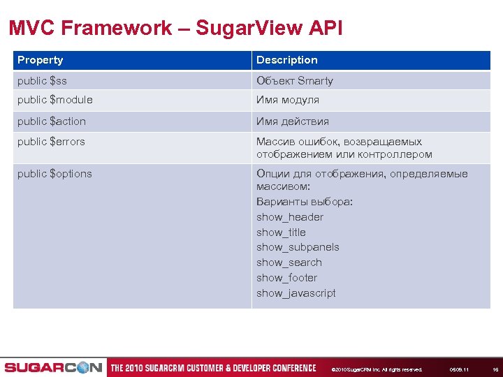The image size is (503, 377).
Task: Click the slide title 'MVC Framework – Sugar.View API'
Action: point(175,28)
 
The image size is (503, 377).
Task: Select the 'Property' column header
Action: point(41,60)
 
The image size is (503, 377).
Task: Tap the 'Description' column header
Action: point(286,60)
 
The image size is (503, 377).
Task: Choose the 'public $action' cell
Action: point(52,121)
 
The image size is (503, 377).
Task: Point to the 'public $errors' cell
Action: point(51,142)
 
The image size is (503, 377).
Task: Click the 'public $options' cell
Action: point(54,174)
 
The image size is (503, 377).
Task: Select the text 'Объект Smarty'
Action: point(294,81)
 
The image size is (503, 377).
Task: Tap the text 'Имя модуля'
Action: point(287,100)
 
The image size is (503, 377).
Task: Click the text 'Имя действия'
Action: point(292,121)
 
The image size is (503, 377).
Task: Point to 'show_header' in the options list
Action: point(289,217)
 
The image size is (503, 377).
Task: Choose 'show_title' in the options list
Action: point(281,232)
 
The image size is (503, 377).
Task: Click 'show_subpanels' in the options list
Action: point(298,247)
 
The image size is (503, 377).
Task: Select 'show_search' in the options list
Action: point(289,263)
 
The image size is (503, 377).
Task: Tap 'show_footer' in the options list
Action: point(286,278)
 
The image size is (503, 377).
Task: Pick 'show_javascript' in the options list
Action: point(296,293)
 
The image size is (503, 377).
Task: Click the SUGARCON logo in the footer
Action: point(53,368)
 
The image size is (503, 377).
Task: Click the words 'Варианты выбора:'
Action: point(305,202)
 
